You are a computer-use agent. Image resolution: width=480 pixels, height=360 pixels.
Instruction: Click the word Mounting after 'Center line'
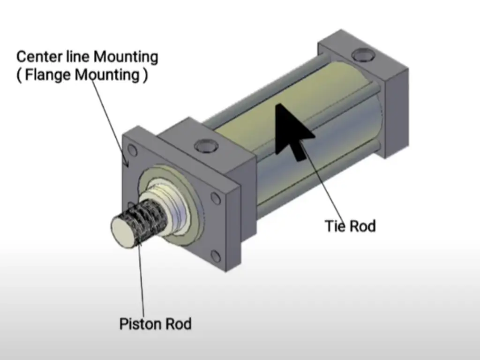coord(126,57)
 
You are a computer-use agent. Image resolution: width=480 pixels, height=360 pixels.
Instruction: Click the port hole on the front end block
coord(205,146)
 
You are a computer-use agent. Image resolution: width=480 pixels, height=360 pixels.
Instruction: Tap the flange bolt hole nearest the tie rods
coord(216,199)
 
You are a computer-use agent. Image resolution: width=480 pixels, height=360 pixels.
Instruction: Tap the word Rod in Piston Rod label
coord(178,324)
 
